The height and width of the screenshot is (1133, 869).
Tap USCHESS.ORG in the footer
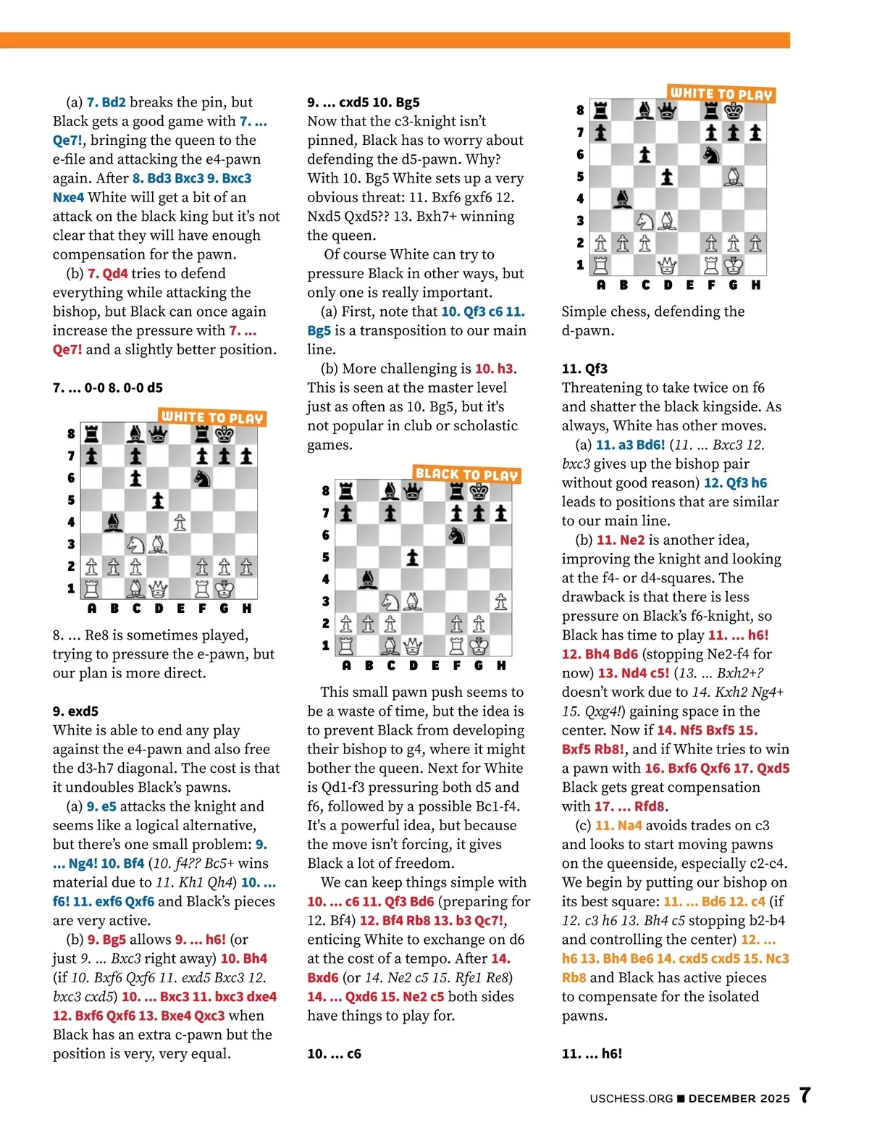tap(631, 1098)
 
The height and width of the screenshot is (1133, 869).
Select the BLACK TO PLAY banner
tap(467, 474)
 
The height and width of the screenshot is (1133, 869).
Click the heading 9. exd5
tap(75, 711)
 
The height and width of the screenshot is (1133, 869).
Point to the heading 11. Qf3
tap(584, 368)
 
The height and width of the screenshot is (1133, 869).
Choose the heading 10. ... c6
tap(334, 1053)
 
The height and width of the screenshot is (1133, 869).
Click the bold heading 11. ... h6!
tap(592, 1053)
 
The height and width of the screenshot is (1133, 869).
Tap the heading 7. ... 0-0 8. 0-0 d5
tap(107, 388)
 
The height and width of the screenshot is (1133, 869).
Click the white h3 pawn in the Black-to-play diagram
tap(500, 601)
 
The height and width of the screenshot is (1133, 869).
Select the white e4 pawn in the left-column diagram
tap(180, 522)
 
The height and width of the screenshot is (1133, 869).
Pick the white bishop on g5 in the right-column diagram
tap(734, 176)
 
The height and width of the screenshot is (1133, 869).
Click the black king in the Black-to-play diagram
tap(479, 492)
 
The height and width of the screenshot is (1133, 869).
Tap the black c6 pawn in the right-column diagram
tap(645, 154)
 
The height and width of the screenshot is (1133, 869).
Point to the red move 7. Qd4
tap(107, 273)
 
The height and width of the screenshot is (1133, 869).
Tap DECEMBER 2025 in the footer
tap(739, 1098)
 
